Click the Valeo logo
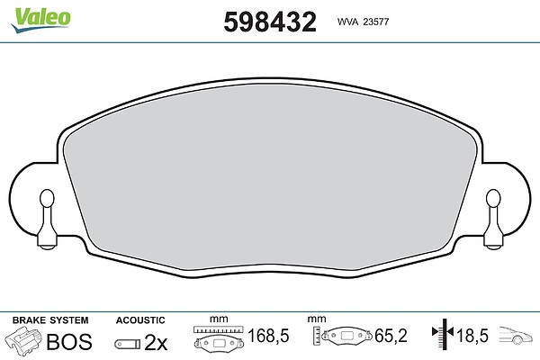click(x=40, y=20)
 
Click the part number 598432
click(x=270, y=22)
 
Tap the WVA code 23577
click(x=376, y=22)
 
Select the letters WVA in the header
click(x=347, y=22)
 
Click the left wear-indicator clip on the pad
click(x=47, y=219)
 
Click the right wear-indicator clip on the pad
click(x=493, y=219)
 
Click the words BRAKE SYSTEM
click(x=50, y=320)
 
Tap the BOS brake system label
click(x=69, y=341)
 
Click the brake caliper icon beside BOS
click(x=23, y=340)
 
